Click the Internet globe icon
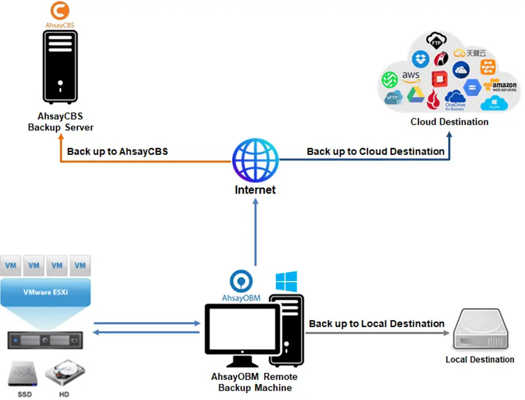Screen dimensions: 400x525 pos(255,160)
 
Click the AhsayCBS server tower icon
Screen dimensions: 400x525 pos(60,67)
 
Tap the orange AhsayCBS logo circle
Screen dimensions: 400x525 pos(60,11)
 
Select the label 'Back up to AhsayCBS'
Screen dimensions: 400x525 pos(117,151)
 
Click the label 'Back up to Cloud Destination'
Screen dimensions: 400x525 pos(375,151)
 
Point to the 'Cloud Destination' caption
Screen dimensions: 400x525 pos(449,122)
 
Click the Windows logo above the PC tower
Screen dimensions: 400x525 pos(286,282)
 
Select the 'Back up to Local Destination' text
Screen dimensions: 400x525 pos(376,324)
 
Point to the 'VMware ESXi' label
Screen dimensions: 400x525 pos(45,292)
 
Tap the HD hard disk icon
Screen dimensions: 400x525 pos(66,374)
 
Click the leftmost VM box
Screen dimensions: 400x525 pos(11,266)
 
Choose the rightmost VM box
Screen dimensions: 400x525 pos(79,266)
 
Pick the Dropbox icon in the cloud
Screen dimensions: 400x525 pos(421,58)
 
